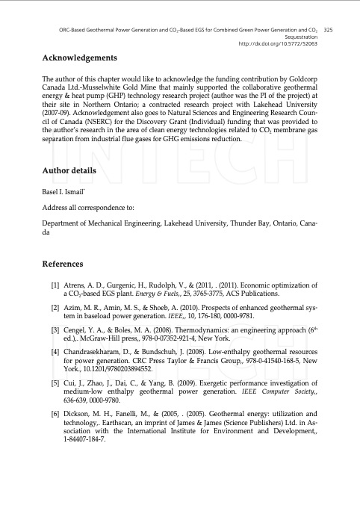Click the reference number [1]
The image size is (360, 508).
(x=55, y=285)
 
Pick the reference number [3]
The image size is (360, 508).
(x=55, y=329)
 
